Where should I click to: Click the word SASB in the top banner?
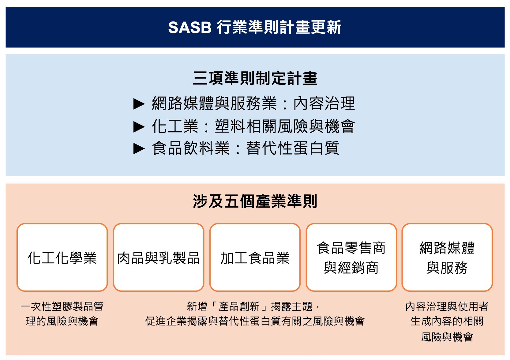pos(190,28)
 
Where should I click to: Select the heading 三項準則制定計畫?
pos(255,78)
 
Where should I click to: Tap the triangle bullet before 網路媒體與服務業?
pos(139,104)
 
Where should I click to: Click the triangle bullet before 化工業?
pos(139,127)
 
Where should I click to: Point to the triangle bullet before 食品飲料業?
pos(139,149)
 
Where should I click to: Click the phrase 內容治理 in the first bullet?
pos(324,103)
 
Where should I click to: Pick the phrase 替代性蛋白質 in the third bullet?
pos(293,148)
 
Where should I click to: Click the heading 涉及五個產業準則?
pos(255,201)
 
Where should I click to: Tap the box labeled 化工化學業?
pos(62,257)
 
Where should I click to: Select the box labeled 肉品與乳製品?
pos(159,257)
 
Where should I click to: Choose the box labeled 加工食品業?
pos(255,257)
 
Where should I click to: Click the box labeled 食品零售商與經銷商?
pos(351,257)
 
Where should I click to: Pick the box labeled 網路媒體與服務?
pos(447,257)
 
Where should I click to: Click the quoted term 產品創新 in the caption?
pos(239,306)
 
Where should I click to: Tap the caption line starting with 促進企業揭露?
pos(255,321)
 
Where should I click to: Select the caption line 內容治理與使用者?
pos(447,306)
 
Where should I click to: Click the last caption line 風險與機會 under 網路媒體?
pos(447,337)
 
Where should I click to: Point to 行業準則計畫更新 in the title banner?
pos(279,27)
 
